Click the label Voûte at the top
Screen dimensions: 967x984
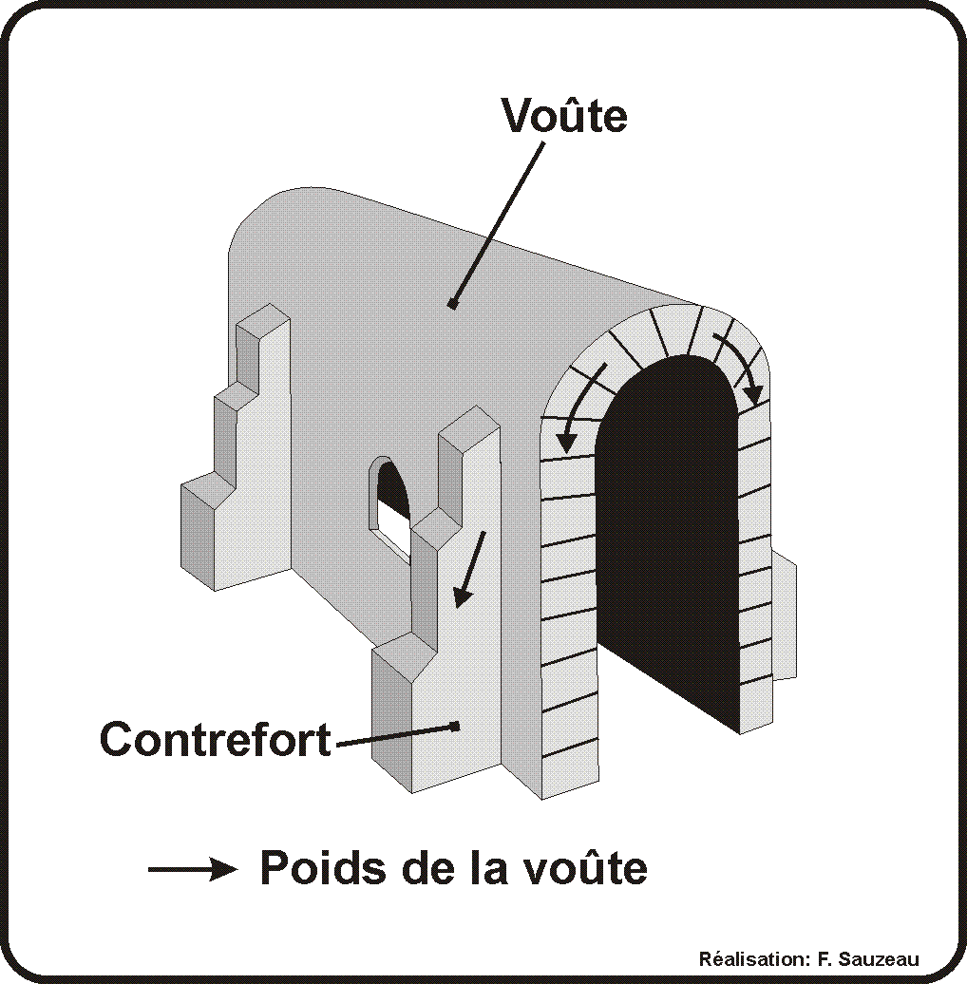[x=564, y=115]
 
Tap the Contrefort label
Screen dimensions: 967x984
[x=216, y=739]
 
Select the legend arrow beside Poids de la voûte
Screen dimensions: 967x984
[x=193, y=869]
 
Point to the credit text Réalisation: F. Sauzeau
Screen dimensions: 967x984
[x=809, y=959]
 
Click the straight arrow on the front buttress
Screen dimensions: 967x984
[x=469, y=569]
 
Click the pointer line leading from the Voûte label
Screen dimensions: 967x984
[x=498, y=224]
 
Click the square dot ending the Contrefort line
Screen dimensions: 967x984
[x=455, y=726]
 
